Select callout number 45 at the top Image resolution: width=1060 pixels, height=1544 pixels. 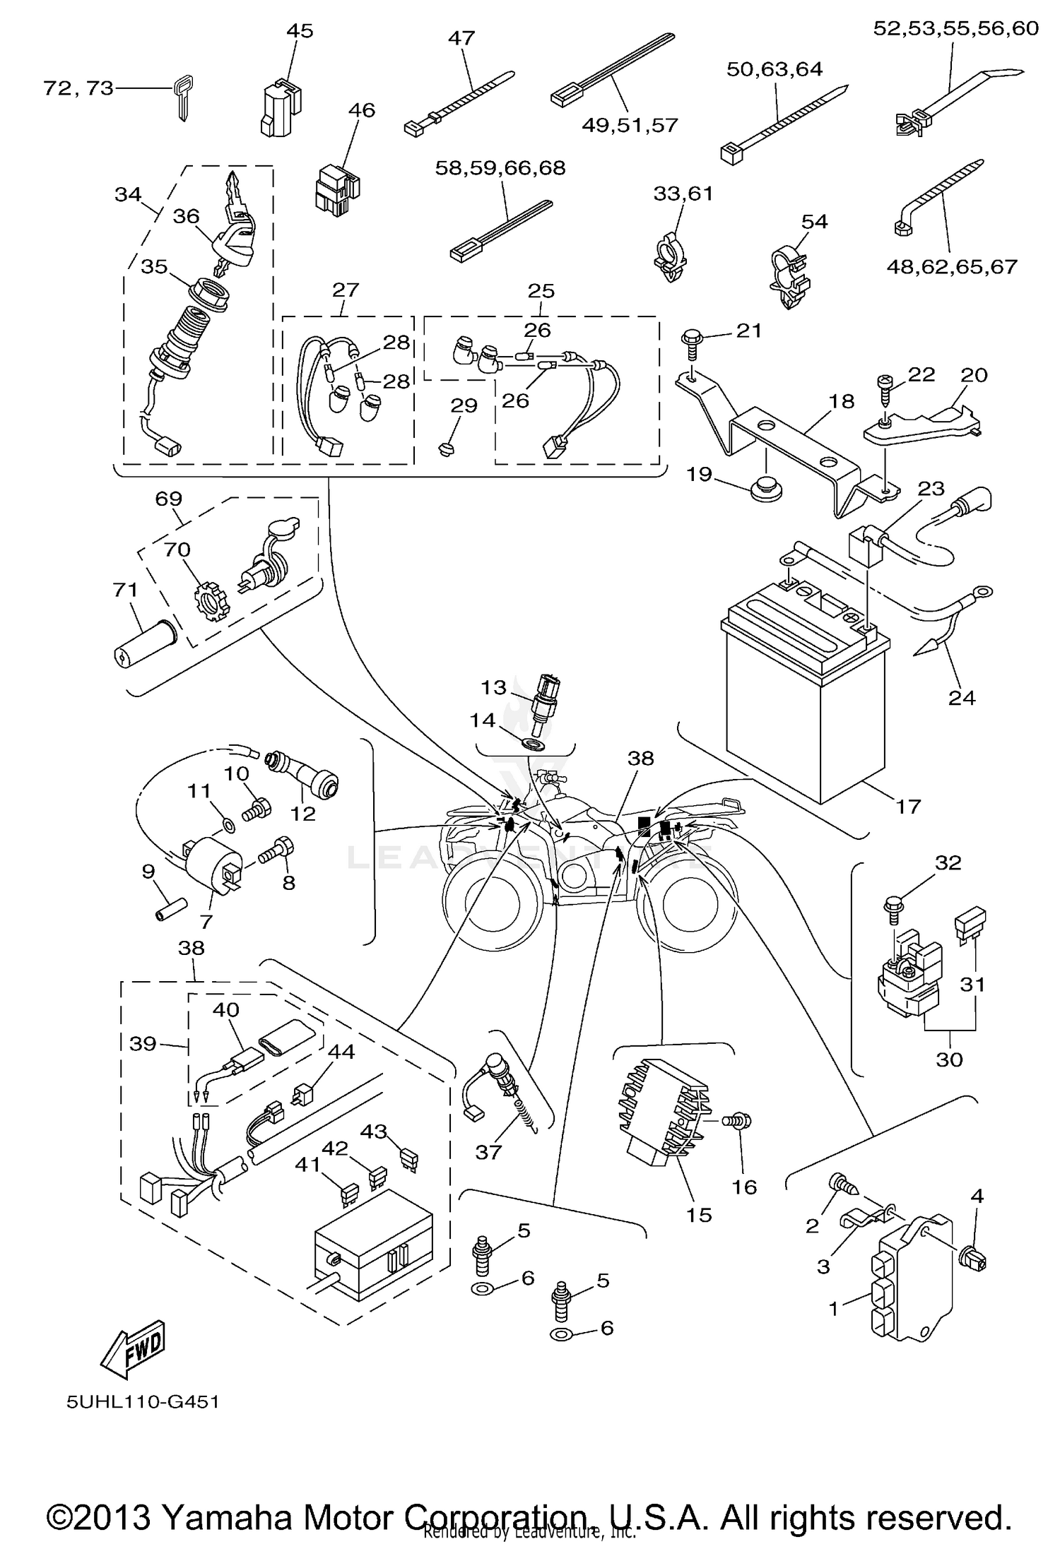(299, 31)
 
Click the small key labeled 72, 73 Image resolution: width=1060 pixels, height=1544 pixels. (182, 100)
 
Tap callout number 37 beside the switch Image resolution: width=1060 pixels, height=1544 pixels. (488, 1152)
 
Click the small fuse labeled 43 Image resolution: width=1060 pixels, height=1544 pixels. (408, 1158)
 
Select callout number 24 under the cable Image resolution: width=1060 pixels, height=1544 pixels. (962, 698)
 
